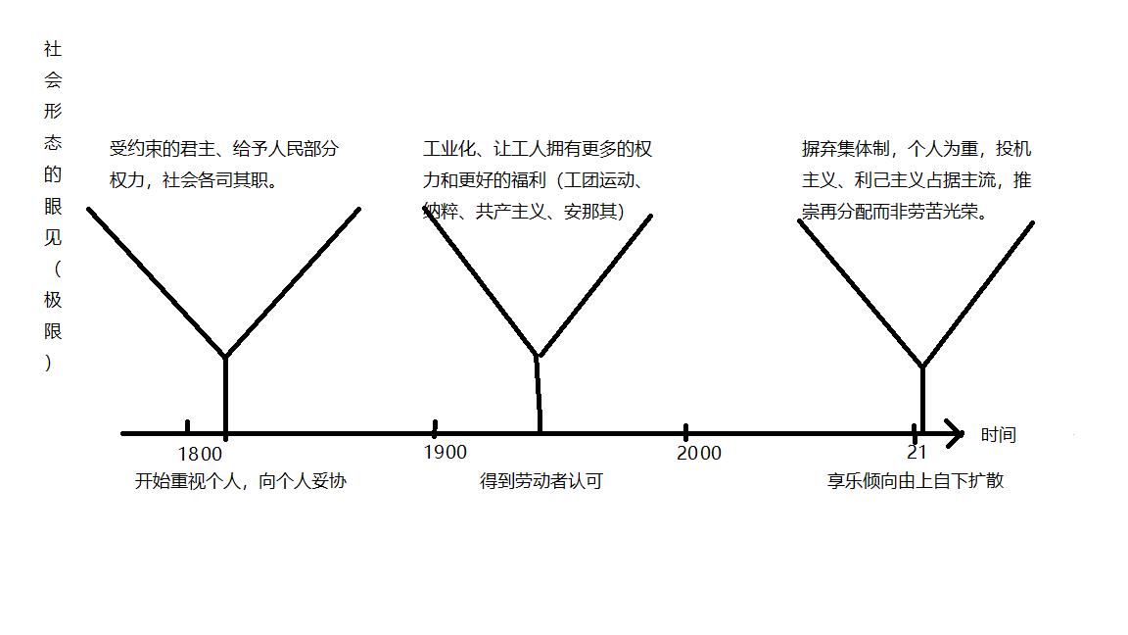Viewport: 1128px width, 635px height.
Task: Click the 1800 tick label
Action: click(200, 455)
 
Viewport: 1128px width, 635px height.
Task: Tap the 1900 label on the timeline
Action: click(446, 452)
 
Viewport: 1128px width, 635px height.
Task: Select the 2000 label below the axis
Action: click(699, 453)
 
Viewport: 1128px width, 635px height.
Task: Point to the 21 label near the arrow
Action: click(916, 452)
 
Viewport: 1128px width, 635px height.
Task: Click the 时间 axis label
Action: click(999, 435)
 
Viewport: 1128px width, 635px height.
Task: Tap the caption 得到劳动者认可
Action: click(540, 481)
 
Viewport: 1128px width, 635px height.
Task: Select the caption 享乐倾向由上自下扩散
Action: click(916, 481)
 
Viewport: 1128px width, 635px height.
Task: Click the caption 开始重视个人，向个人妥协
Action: click(240, 481)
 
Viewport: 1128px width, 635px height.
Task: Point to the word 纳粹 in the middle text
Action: click(441, 211)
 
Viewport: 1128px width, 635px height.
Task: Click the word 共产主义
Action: click(511, 211)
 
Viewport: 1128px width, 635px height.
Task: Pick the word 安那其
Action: click(589, 211)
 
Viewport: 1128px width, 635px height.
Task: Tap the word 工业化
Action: click(448, 148)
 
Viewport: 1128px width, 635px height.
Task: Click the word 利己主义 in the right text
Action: click(889, 180)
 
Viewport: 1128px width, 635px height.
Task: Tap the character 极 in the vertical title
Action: click(53, 300)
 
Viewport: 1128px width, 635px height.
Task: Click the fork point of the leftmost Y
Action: click(226, 356)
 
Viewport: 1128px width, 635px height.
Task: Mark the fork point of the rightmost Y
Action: click(922, 366)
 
